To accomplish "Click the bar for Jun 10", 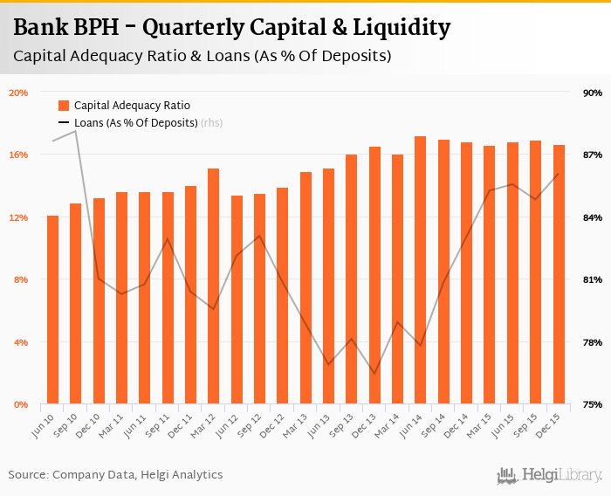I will point(53,310).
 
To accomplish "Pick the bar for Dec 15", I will point(559,274).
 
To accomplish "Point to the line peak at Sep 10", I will point(76,131).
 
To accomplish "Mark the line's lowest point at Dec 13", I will point(374,374).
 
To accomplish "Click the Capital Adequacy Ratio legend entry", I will point(131,105).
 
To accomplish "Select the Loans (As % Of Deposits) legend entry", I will point(135,123).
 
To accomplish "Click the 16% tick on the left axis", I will point(18,155).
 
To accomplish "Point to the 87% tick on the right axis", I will point(594,155).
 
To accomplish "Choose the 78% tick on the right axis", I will point(594,342).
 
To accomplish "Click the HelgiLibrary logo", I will point(550,476).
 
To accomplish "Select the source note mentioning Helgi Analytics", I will point(115,475).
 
